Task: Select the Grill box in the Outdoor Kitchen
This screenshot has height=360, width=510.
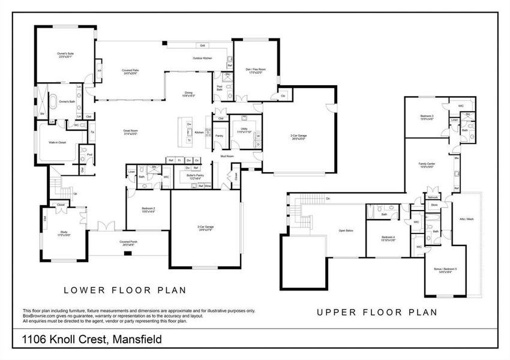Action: point(203,45)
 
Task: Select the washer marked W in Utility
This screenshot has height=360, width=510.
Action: point(258,136)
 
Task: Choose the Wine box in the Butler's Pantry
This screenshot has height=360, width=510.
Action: point(208,186)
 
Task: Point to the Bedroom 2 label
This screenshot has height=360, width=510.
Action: point(148,210)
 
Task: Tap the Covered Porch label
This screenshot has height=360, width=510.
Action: point(127,243)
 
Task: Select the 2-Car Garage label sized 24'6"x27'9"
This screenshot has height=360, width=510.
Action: point(206,228)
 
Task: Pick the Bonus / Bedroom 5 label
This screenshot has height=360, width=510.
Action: point(445,270)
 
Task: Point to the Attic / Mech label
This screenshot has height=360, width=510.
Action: point(467,220)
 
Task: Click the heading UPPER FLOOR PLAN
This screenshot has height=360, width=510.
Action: point(377,312)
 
